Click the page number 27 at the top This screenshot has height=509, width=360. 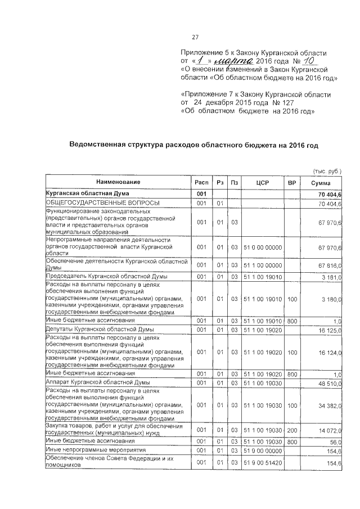pyautogui.click(x=196, y=38)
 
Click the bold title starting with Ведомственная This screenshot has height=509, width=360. pyautogui.click(x=193, y=145)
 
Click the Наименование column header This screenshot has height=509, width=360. pyautogui.click(x=118, y=183)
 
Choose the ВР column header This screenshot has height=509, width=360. pyautogui.click(x=291, y=183)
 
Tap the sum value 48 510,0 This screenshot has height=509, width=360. pyautogui.click(x=331, y=383)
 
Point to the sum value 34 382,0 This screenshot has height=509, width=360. pyautogui.click(x=331, y=406)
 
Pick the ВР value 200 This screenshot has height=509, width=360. pyautogui.click(x=291, y=431)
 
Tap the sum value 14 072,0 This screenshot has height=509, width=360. pyautogui.click(x=331, y=431)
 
